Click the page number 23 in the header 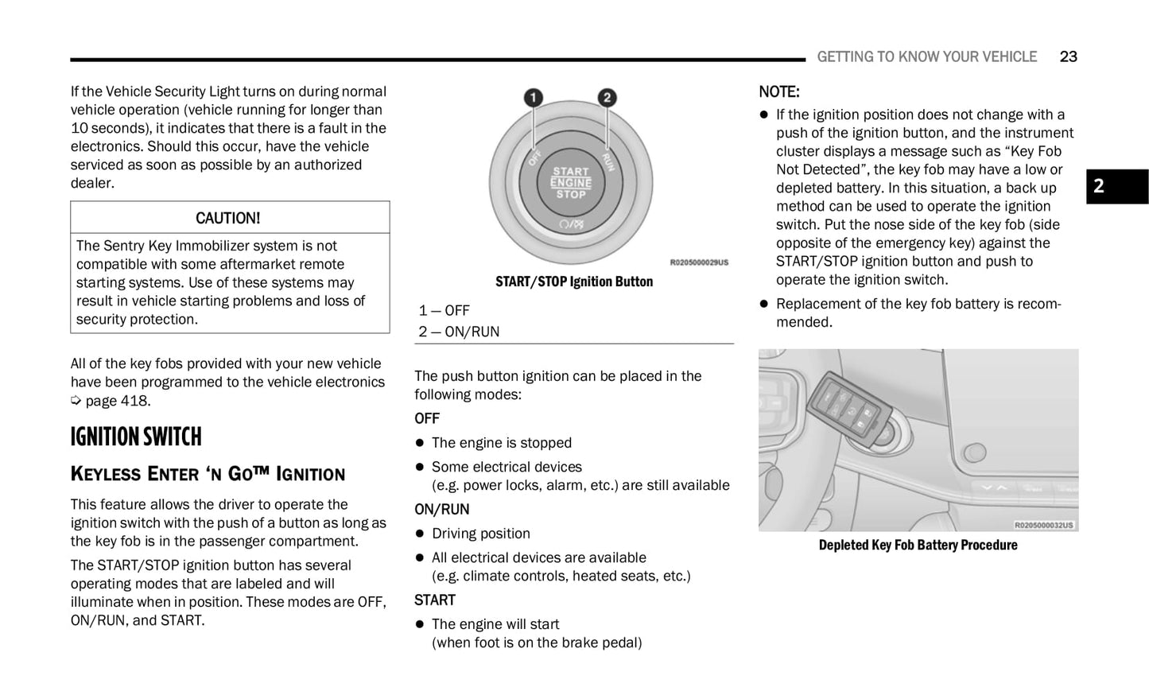[1068, 56]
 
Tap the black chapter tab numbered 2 [1116, 186]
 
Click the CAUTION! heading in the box [228, 218]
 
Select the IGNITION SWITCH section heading [136, 437]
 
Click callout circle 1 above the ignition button [533, 98]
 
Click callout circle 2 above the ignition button [607, 98]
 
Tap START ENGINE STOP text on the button [571, 183]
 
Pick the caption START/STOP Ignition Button [573, 281]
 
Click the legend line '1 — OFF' [444, 310]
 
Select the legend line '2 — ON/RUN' [460, 332]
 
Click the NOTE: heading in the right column [779, 91]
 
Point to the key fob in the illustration [848, 407]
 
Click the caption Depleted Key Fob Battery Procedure [918, 545]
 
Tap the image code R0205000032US [1044, 525]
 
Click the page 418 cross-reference [117, 401]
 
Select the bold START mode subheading [435, 600]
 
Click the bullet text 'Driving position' [480, 534]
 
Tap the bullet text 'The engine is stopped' [501, 443]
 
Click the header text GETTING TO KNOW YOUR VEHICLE [926, 56]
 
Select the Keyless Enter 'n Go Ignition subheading [208, 474]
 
